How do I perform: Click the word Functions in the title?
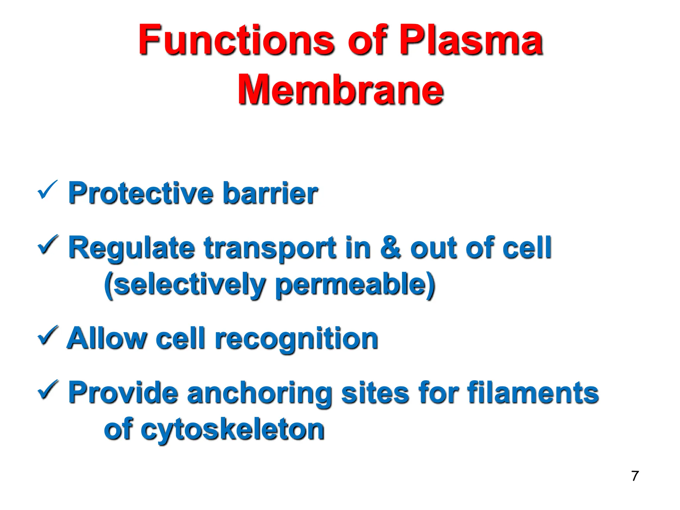[236, 41]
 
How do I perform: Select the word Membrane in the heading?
[341, 90]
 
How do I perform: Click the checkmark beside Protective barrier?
[47, 190]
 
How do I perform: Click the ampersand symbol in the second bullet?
[390, 247]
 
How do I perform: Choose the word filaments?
[533, 392]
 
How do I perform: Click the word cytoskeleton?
[232, 430]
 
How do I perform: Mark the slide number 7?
[635, 476]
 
